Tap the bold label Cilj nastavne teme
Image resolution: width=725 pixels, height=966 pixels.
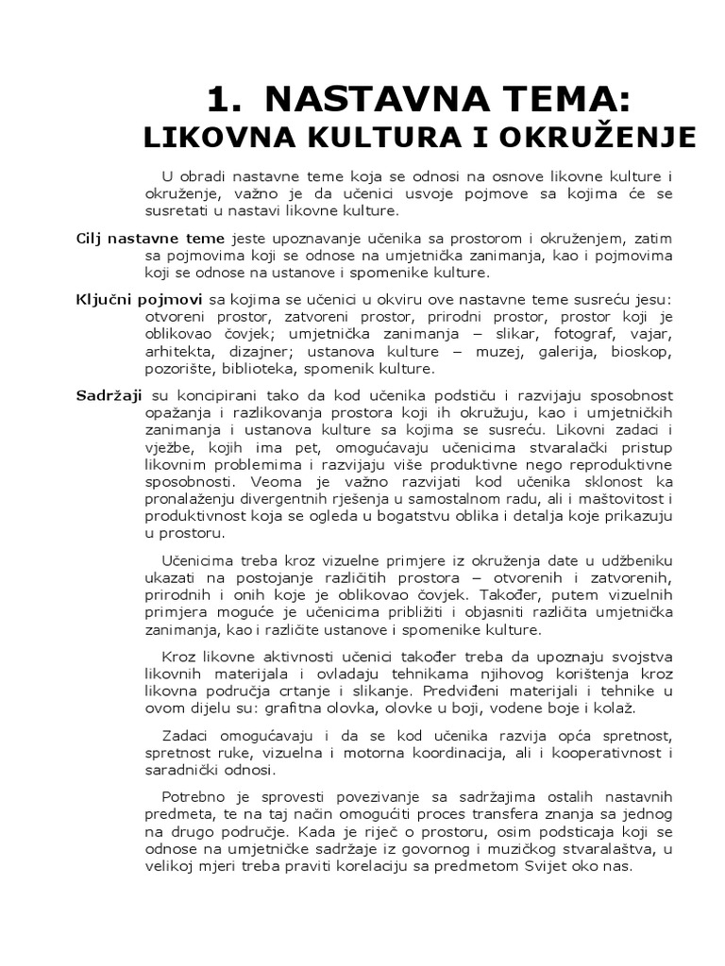click(150, 238)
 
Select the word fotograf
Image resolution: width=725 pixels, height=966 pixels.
click(580, 334)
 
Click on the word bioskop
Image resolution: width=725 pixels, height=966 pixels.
click(642, 351)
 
